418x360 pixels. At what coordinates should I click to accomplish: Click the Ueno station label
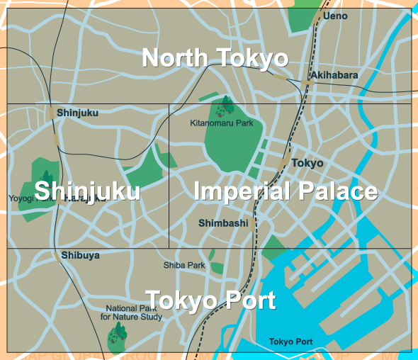[x=334, y=16]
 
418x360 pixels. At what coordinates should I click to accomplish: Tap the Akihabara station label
[x=334, y=75]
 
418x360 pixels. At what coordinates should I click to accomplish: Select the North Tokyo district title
[x=215, y=58]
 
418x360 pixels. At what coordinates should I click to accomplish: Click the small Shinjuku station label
[x=77, y=113]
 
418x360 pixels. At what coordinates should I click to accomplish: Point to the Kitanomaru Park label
[x=222, y=123]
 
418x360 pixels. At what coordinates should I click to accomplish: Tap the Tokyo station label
[x=307, y=163]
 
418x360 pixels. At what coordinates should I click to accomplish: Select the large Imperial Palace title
[x=285, y=191]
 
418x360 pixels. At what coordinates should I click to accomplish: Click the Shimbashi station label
[x=223, y=223]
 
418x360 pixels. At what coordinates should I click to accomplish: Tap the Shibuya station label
[x=80, y=255]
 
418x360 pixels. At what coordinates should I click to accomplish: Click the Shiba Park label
[x=184, y=266]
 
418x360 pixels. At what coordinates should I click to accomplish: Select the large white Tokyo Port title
[x=210, y=300]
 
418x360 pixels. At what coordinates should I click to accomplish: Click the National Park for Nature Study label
[x=134, y=313]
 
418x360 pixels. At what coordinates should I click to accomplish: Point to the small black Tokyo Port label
[x=290, y=342]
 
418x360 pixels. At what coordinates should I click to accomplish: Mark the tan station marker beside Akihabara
[x=307, y=84]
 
